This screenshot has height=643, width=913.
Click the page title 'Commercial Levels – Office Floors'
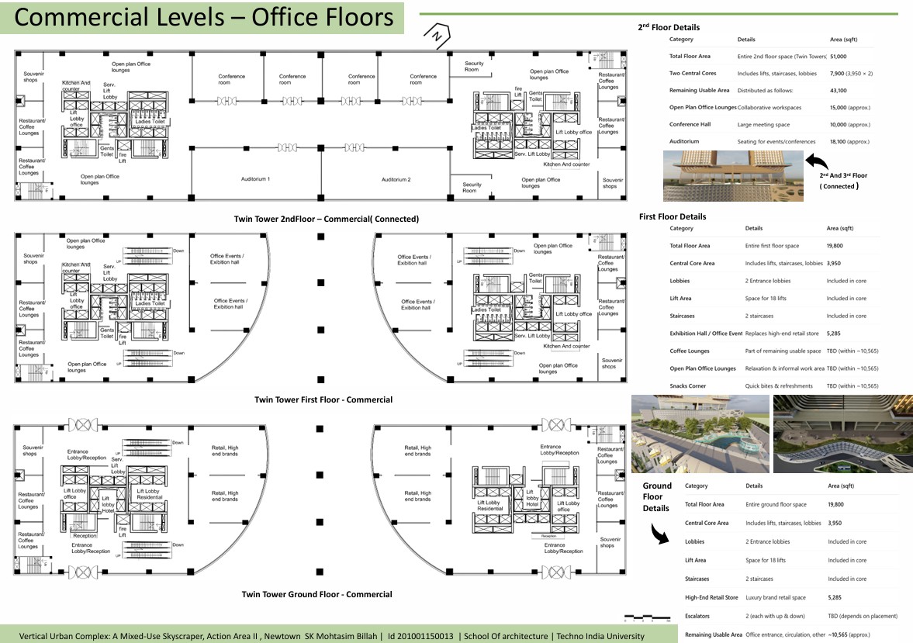pos(203,17)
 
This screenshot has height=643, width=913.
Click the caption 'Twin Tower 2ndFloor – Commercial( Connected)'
pos(326,220)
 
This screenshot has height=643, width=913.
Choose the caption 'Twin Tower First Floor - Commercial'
pos(323,400)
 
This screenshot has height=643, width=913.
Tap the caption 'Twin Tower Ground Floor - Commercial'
pos(316,595)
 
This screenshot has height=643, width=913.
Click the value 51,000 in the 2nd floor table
pos(838,57)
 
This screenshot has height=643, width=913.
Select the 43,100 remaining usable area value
pos(838,91)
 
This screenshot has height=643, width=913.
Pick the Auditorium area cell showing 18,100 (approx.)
pos(849,142)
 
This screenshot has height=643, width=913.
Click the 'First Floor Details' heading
pos(672,216)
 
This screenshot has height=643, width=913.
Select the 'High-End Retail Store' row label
pos(711,598)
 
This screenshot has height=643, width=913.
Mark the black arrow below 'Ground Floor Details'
pos(658,533)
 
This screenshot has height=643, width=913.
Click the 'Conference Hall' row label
pos(690,125)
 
